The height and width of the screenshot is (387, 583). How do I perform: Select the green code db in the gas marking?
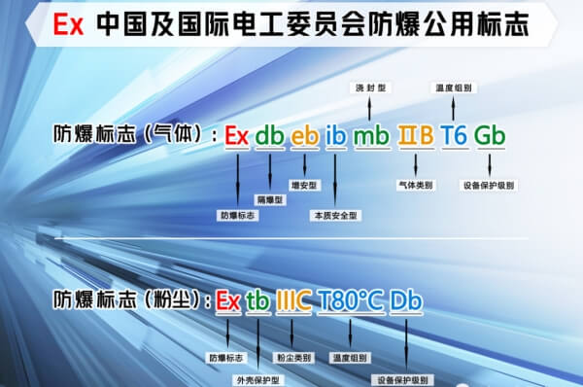point(270,136)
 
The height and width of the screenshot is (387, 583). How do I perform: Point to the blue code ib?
point(335,136)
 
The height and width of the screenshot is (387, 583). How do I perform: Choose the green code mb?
point(370,136)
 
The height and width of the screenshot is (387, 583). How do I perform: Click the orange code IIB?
point(416,136)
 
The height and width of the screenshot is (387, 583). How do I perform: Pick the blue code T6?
point(454,136)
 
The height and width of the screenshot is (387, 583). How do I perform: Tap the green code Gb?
point(489,136)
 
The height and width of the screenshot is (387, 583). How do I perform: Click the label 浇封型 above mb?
point(369,88)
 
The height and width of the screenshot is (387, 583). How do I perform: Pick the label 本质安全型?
point(335,214)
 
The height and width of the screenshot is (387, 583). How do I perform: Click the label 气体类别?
point(416,182)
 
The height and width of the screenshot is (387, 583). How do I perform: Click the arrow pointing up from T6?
point(454,109)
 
